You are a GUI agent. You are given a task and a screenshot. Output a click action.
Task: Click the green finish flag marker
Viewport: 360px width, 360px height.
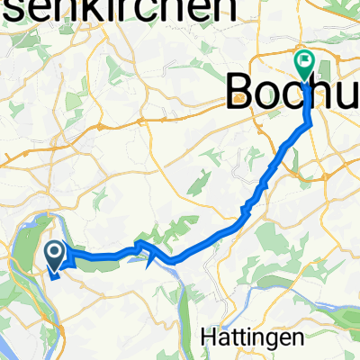302,63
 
